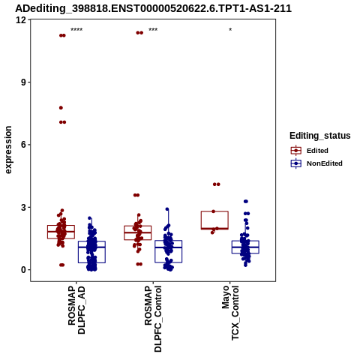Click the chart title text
pyautogui.click(x=153, y=8)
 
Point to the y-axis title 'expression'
pyautogui.click(x=8, y=150)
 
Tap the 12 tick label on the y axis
pyautogui.click(x=21, y=19)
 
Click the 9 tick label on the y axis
pyautogui.click(x=24, y=82)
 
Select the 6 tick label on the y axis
pyautogui.click(x=24, y=145)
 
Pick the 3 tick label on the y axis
pyautogui.click(x=24, y=207)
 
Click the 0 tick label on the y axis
pyautogui.click(x=24, y=270)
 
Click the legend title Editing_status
pyautogui.click(x=320, y=136)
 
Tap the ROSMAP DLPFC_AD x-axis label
pyautogui.click(x=76, y=310)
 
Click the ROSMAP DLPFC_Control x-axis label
pyautogui.click(x=153, y=319)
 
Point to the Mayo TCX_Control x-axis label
pyautogui.click(x=230, y=313)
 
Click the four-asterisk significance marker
pyautogui.click(x=76, y=30)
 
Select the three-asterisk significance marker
pyautogui.click(x=153, y=30)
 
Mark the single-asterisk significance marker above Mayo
pyautogui.click(x=230, y=30)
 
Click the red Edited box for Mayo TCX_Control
pyautogui.click(x=214, y=211)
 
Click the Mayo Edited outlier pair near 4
pyautogui.click(x=217, y=184)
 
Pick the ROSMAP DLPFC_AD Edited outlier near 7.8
pyautogui.click(x=61, y=108)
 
